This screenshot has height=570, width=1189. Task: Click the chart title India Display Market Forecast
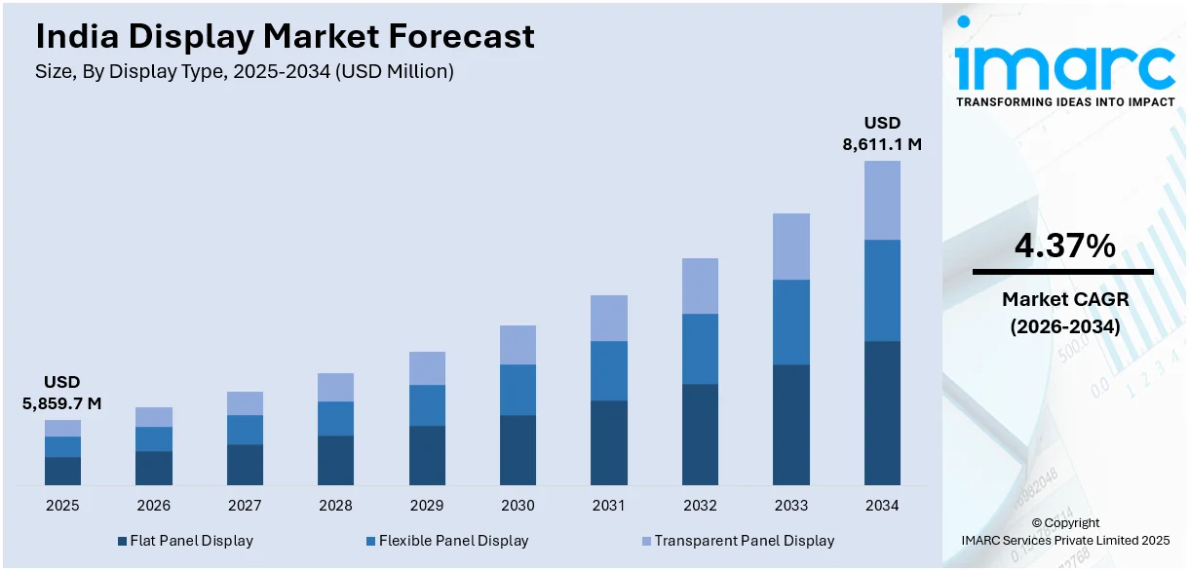285,36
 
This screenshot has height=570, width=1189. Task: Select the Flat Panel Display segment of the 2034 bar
882,412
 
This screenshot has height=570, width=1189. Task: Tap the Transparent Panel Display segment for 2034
882,200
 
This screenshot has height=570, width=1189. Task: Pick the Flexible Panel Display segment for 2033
791,322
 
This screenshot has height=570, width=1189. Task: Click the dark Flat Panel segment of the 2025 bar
62,471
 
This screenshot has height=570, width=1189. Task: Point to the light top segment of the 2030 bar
518,345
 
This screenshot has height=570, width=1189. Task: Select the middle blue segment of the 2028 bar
335,418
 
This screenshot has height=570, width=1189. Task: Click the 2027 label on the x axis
245,506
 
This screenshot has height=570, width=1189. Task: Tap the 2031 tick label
609,506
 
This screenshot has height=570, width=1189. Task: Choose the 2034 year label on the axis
882,506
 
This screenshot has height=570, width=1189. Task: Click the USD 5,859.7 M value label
61,393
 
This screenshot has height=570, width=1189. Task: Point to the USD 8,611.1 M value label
882,133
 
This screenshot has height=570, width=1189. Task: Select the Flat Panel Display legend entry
184,541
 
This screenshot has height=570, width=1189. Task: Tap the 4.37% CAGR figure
1064,247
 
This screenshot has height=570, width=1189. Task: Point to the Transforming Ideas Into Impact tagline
1064,101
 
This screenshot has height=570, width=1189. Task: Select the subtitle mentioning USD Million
244,71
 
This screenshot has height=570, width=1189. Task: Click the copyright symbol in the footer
1036,523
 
